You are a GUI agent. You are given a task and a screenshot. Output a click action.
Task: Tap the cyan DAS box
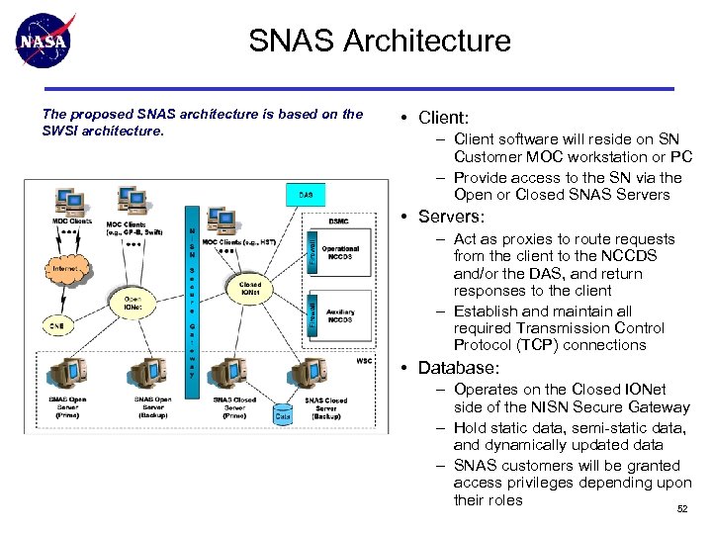[307, 195]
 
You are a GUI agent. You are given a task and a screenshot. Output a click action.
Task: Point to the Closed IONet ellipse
[251, 289]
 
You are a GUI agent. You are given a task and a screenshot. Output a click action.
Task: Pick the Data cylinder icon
[283, 415]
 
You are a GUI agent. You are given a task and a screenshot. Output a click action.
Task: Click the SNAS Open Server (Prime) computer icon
[67, 376]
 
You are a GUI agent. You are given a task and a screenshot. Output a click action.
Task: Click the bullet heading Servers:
[451, 217]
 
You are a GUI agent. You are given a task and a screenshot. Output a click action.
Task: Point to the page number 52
[680, 509]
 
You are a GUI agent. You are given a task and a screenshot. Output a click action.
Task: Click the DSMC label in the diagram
[339, 221]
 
